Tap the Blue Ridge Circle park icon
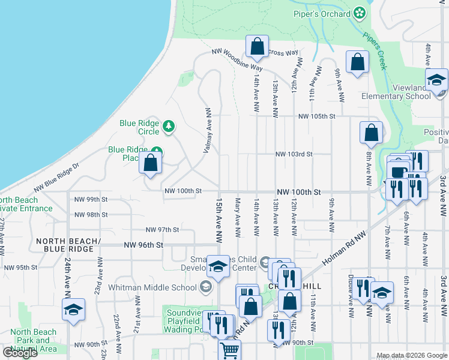point(170,126)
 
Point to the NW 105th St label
point(315,116)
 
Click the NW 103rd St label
point(294,154)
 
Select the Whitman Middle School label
point(153,287)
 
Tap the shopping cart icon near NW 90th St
point(229,350)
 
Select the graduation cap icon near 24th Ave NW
point(73,310)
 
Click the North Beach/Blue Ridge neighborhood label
point(67,245)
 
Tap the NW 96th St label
point(143,245)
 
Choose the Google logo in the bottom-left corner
point(20,353)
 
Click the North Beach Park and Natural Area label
point(34,340)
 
